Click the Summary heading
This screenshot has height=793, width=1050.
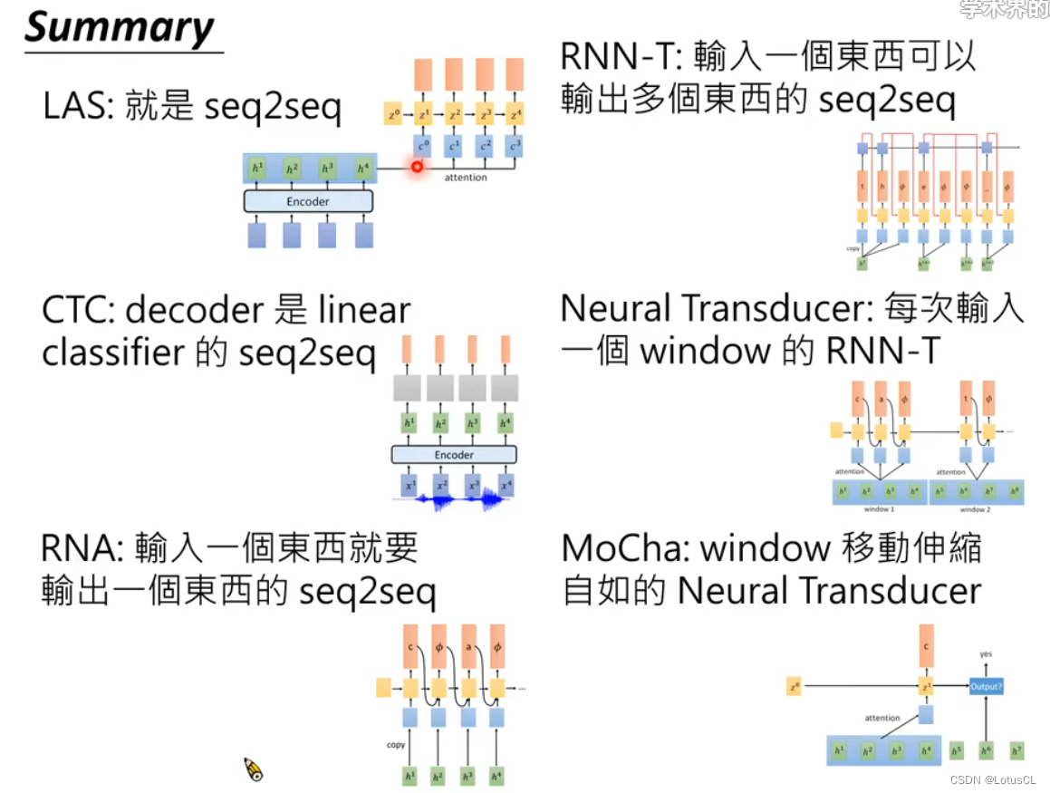(x=119, y=27)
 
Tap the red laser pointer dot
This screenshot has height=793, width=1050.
(x=418, y=167)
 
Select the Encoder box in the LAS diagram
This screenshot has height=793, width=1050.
(x=308, y=201)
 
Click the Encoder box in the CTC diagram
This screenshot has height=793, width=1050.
(x=454, y=454)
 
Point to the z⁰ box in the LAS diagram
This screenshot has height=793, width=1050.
(x=393, y=115)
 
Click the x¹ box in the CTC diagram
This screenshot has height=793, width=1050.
(x=409, y=485)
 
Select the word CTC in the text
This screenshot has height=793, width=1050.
(x=76, y=311)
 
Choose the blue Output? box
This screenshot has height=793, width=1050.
(x=986, y=686)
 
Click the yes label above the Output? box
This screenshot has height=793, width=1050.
(x=986, y=653)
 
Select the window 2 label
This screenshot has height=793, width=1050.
(x=975, y=509)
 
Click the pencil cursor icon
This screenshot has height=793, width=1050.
(x=254, y=769)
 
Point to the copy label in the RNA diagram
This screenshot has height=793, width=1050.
(x=395, y=745)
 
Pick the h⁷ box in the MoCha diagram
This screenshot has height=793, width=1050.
(x=1016, y=750)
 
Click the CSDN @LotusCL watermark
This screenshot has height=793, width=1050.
(x=993, y=779)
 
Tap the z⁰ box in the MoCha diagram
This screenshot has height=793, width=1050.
(x=795, y=686)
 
